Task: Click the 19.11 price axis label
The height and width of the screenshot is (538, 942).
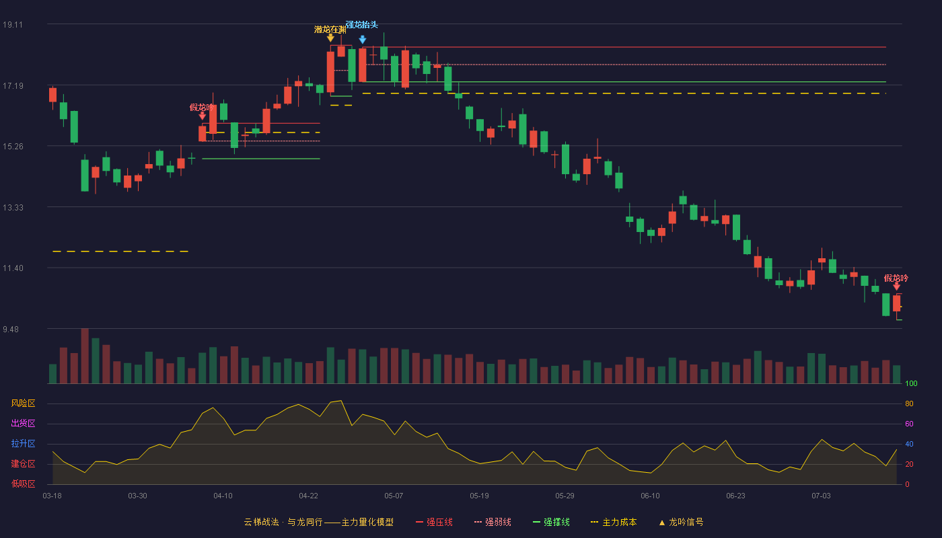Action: click(x=13, y=25)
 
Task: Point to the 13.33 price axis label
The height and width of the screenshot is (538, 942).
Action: click(x=13, y=208)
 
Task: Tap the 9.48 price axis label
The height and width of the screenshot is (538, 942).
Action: click(x=11, y=329)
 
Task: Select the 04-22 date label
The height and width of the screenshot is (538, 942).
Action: click(x=308, y=496)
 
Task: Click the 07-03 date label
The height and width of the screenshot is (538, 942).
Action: click(x=821, y=496)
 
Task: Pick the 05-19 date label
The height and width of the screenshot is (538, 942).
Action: click(x=479, y=496)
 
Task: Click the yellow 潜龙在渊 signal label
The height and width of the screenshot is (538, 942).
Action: click(x=330, y=30)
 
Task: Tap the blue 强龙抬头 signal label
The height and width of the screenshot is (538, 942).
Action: click(x=362, y=25)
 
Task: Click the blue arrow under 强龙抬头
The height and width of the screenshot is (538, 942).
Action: click(x=363, y=40)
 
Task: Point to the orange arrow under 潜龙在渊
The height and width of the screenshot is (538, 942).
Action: click(x=330, y=38)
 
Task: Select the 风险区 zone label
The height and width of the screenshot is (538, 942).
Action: click(x=23, y=403)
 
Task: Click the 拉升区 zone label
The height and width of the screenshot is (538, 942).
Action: click(x=23, y=444)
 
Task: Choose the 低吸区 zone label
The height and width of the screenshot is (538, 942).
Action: click(x=23, y=484)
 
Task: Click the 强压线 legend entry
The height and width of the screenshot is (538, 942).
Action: click(x=434, y=522)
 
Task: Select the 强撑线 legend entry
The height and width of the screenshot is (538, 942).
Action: click(x=551, y=522)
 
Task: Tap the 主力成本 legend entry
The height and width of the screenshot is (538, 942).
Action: click(x=614, y=522)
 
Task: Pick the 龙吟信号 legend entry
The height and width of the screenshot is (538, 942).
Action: click(x=681, y=522)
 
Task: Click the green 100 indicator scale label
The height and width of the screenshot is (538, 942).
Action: click(x=911, y=383)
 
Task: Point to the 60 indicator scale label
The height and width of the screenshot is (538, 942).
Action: click(x=909, y=424)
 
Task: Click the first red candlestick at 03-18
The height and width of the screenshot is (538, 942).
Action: click(x=52, y=95)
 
